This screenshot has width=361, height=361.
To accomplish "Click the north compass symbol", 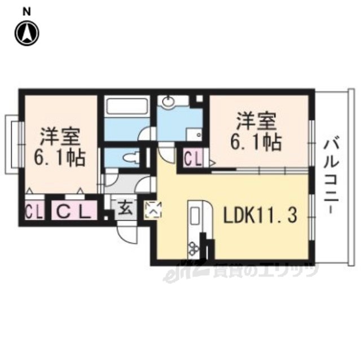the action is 27,34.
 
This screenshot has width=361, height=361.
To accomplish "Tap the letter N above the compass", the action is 27,12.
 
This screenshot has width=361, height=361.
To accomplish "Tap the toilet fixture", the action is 131,157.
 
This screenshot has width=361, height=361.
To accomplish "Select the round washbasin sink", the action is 169,101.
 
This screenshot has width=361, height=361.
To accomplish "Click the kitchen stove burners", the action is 194,248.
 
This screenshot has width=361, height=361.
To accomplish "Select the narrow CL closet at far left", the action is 34,210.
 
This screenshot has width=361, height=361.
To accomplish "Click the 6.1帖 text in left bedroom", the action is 60,158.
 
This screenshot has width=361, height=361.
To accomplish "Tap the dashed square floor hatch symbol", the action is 153,210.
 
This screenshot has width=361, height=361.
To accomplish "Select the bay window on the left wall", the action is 14,144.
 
